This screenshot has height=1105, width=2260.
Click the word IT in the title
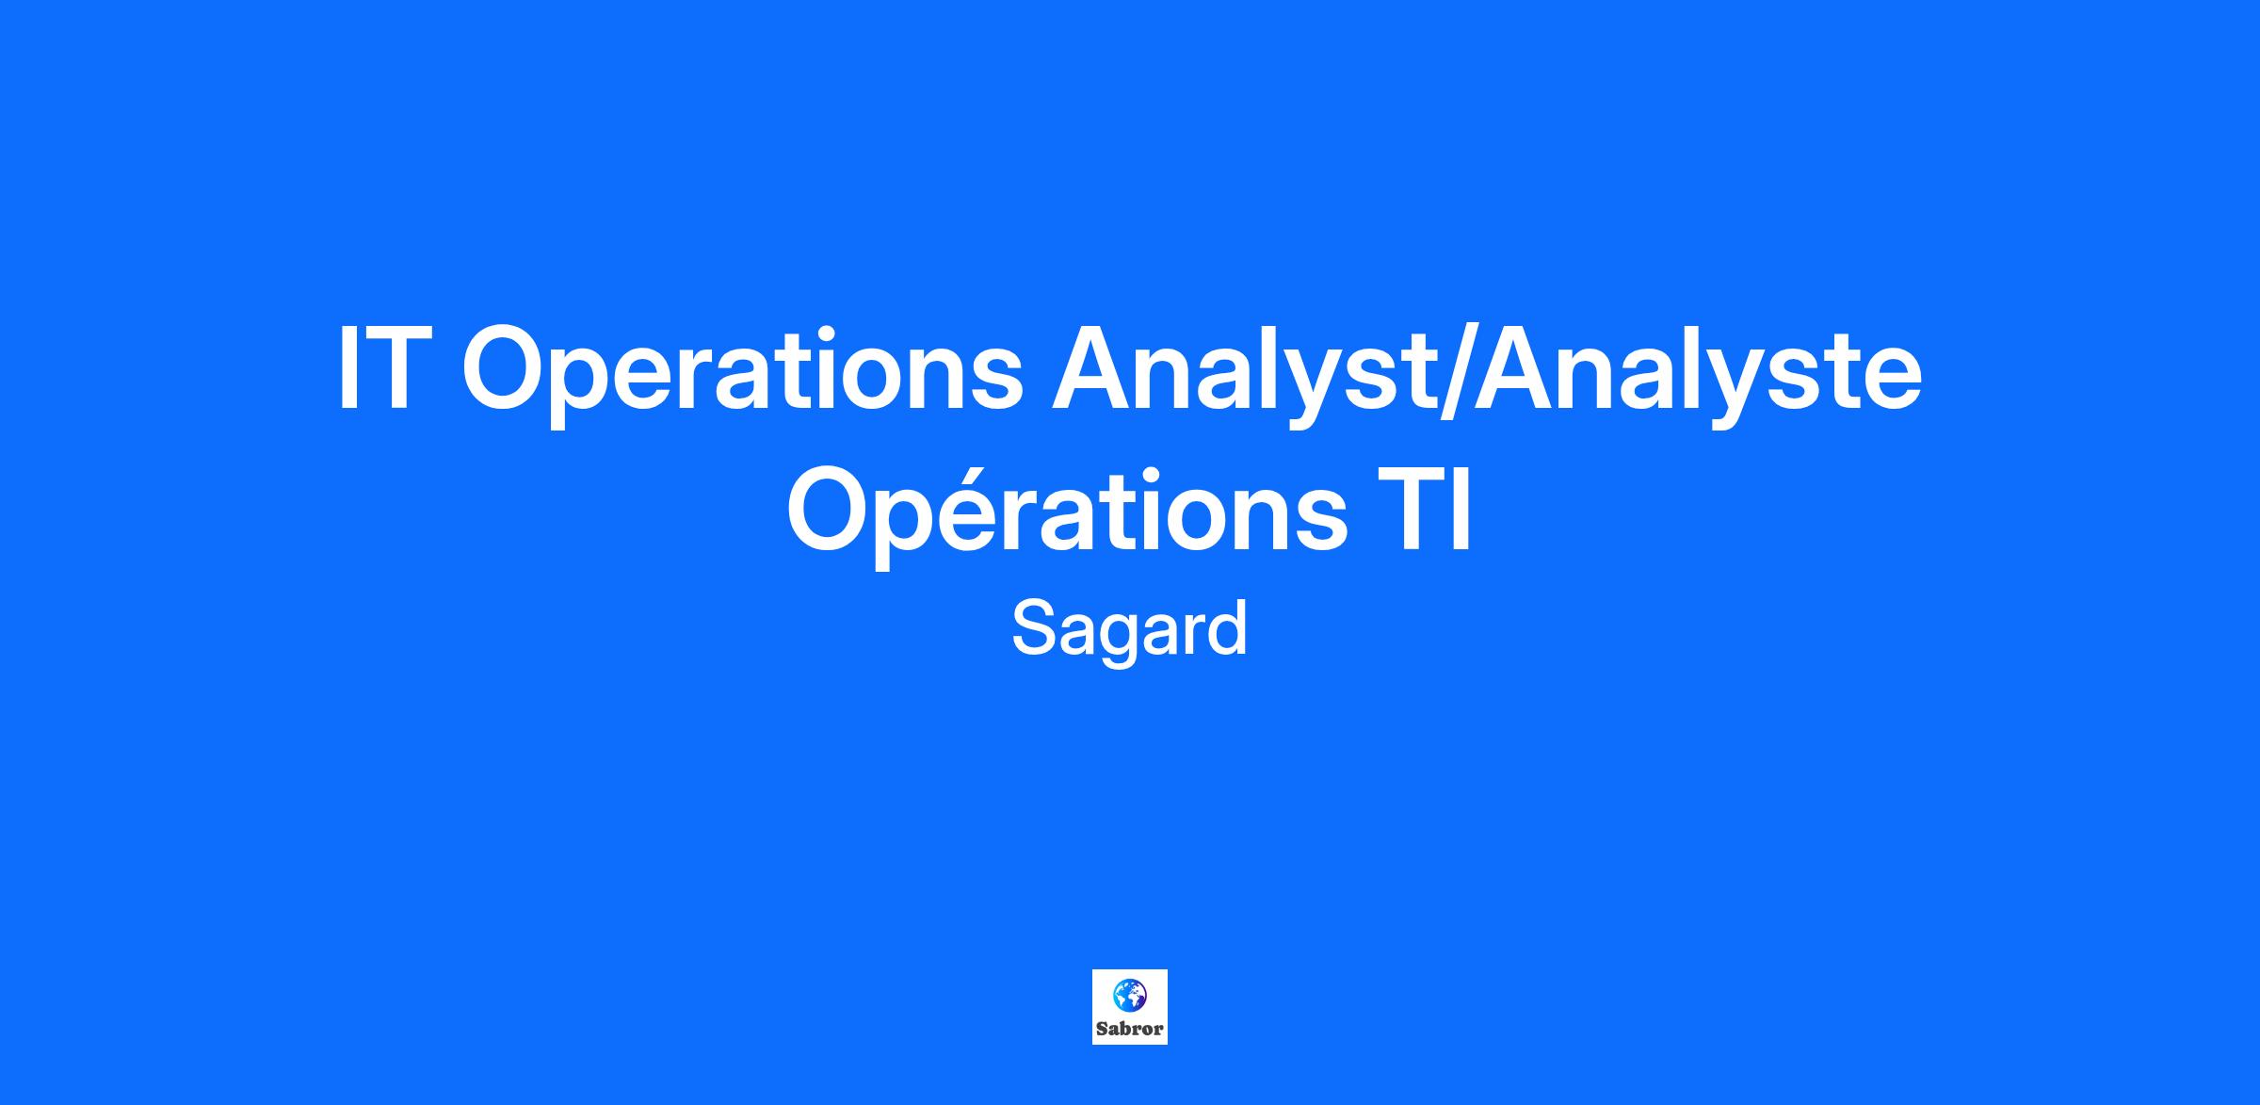pos(378,368)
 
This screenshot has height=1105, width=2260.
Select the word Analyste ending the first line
pos(1697,375)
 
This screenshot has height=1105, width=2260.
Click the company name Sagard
pos(1129,629)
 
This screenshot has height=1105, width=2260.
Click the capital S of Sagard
pos(1032,628)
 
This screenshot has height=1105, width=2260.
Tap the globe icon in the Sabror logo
pos(1129,993)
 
